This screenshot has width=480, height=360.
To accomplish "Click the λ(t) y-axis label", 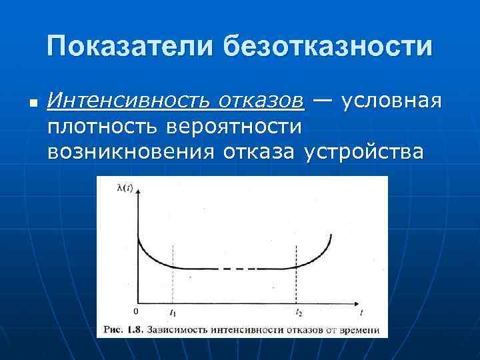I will pos(125,187).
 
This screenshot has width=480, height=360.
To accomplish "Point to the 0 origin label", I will pos(136,311).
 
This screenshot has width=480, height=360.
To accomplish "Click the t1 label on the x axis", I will pos(173,312).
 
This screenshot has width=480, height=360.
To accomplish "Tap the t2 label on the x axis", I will pos(298,312).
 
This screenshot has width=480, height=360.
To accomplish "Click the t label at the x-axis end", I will pos(361,312).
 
